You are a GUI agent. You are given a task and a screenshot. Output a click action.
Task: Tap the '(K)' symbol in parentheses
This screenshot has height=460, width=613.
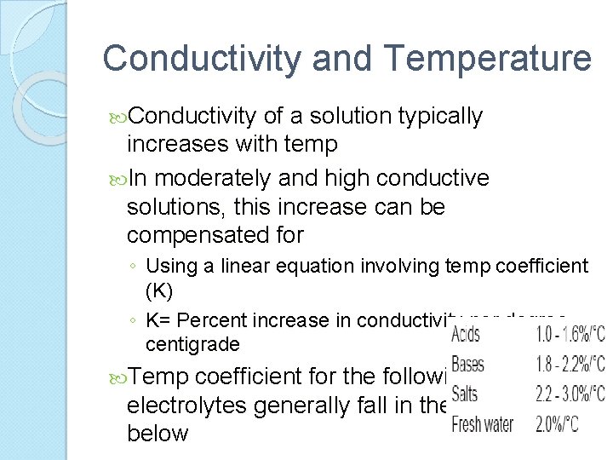[159, 290]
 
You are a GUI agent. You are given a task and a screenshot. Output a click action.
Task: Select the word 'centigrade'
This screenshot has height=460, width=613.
[192, 345]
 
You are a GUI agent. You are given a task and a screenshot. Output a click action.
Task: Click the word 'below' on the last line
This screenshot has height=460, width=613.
[158, 433]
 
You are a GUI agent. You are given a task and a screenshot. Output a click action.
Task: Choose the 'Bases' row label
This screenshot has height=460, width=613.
[467, 365]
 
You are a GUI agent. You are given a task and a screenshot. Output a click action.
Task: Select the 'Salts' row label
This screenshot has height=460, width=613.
[465, 394]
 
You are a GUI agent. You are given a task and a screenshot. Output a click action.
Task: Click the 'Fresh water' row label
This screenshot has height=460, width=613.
[482, 423]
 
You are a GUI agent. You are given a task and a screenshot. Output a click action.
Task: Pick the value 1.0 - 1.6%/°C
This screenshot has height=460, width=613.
[569, 334]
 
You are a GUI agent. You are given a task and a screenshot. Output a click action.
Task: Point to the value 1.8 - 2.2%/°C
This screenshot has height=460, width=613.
[569, 365]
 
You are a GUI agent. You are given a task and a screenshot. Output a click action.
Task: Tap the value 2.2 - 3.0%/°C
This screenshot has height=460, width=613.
[569, 394]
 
